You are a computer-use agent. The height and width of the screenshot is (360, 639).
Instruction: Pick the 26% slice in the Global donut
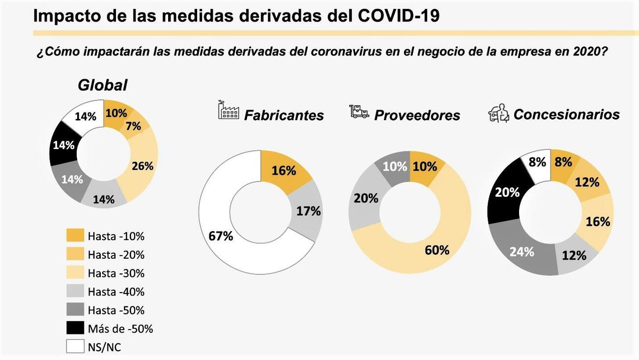click(142, 166)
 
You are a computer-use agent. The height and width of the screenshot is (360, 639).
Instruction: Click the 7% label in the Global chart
click(133, 126)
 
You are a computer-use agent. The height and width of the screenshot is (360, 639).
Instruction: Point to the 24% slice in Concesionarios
click(521, 252)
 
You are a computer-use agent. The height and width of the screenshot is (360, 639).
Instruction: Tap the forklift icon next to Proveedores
click(359, 112)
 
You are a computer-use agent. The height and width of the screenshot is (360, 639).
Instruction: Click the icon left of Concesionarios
click(498, 113)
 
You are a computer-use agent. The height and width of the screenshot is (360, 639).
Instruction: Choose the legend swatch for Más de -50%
click(75, 329)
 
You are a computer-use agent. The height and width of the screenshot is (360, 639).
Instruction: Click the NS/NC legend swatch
click(75, 347)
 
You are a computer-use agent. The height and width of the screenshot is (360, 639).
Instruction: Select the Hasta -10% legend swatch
click(75, 236)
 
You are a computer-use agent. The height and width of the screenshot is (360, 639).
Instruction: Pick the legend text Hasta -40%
click(116, 292)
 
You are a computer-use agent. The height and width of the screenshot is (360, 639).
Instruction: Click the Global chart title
click(102, 85)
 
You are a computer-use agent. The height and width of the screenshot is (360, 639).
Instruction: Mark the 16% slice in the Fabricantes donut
click(284, 171)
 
